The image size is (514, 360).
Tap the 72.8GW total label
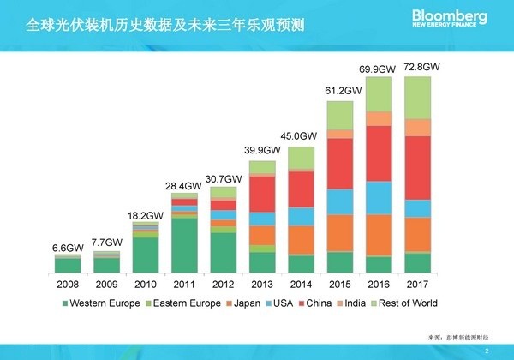point(422,66)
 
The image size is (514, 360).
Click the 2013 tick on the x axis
point(261,282)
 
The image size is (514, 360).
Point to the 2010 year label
point(146,282)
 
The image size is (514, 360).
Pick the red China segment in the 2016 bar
point(379,153)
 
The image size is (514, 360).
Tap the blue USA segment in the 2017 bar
point(417,208)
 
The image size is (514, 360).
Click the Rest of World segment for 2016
point(379,94)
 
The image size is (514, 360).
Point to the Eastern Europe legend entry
point(176,303)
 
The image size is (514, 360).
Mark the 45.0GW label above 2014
point(301,135)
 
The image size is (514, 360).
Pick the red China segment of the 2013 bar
point(262,194)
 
